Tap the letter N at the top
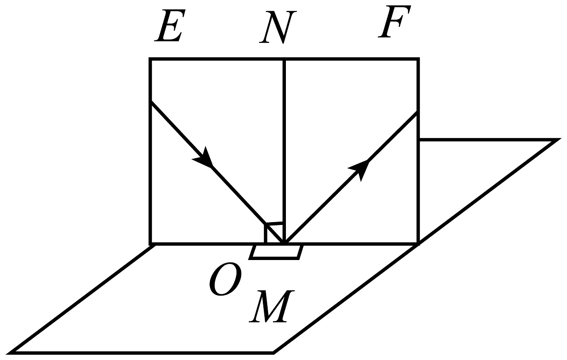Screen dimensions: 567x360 tap(278, 27)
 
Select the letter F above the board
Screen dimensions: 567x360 tap(394, 21)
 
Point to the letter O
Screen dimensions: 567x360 tap(225, 279)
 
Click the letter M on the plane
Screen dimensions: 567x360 tap(271, 306)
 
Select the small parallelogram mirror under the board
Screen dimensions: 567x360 tap(275, 252)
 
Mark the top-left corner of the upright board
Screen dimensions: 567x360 tap(150, 59)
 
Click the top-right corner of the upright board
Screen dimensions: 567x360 tap(419, 59)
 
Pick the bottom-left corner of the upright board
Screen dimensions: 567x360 tap(150, 244)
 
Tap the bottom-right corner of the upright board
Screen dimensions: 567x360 tap(419, 244)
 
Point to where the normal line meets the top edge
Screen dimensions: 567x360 tap(284, 59)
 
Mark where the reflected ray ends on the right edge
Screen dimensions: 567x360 tap(418, 112)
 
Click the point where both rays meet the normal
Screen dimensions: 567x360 tap(284, 242)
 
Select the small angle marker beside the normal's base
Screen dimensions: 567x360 tap(274, 232)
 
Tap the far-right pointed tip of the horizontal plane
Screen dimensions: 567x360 tap(559, 140)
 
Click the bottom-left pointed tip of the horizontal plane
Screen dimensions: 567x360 tap(9, 353)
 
